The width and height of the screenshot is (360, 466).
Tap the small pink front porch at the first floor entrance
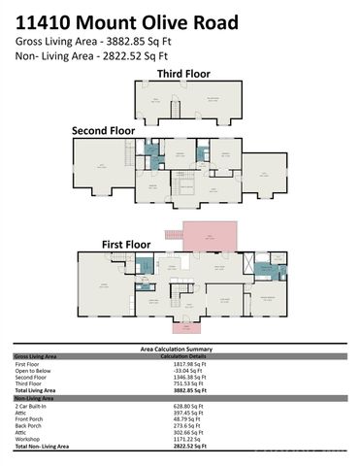click(180, 327)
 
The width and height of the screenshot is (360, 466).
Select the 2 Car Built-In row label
click(31, 404)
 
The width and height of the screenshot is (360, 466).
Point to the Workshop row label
click(26, 438)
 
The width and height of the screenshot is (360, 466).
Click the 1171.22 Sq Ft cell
click(187, 438)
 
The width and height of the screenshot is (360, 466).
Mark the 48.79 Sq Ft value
click(185, 417)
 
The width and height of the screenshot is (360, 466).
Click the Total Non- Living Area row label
click(42, 445)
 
